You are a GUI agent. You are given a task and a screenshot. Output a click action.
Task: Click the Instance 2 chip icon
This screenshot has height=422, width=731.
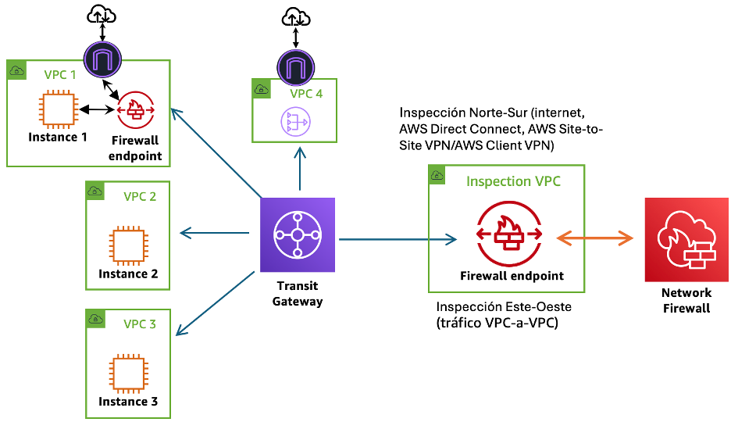(127, 245)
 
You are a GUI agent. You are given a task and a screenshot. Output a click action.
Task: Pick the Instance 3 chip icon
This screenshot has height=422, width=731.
(127, 373)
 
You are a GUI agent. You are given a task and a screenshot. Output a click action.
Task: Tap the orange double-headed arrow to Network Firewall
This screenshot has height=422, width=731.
(593, 237)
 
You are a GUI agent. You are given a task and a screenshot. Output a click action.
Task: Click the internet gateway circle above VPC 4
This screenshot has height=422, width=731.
(294, 67)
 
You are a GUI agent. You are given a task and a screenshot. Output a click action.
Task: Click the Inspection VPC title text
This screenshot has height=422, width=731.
(513, 181)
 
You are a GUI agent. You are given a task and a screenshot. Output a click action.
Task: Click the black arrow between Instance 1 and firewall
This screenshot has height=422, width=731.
(96, 110)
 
